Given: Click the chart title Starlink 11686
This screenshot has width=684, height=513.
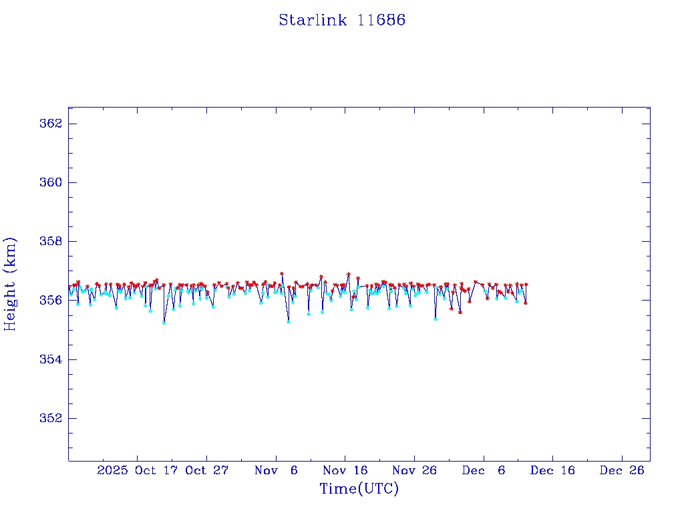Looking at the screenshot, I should click(x=342, y=20).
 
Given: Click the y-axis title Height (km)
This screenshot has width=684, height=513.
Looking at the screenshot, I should click(x=10, y=284).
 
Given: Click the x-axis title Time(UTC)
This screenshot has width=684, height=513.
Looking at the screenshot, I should click(x=359, y=489).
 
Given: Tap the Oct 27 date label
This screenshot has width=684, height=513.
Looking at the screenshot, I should click(x=207, y=470).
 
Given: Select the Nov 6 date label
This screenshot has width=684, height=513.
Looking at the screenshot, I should click(x=276, y=470).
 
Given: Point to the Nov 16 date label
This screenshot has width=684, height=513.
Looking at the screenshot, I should click(x=345, y=470).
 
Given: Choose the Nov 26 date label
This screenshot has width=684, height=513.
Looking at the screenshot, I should click(x=414, y=470).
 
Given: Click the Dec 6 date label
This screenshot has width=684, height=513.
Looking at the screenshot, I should click(x=484, y=470).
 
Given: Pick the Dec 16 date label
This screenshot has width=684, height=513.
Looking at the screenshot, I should click(x=552, y=470).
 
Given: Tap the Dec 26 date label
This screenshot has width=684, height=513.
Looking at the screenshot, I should click(x=622, y=470).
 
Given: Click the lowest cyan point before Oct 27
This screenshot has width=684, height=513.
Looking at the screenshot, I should click(x=164, y=323).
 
